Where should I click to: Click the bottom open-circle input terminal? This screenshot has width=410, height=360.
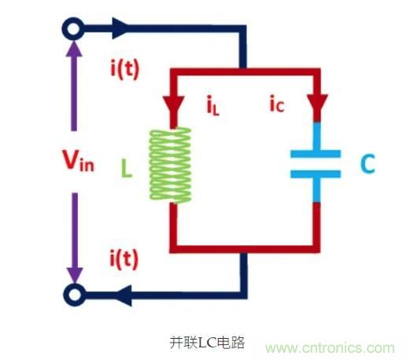tap(73, 295)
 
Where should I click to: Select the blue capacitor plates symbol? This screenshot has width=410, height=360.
tap(316, 163)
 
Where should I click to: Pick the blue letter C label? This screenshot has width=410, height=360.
tap(368, 165)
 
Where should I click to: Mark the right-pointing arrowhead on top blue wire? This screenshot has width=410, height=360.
tap(121, 30)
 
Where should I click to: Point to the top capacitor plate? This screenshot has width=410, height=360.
tap(316, 153)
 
